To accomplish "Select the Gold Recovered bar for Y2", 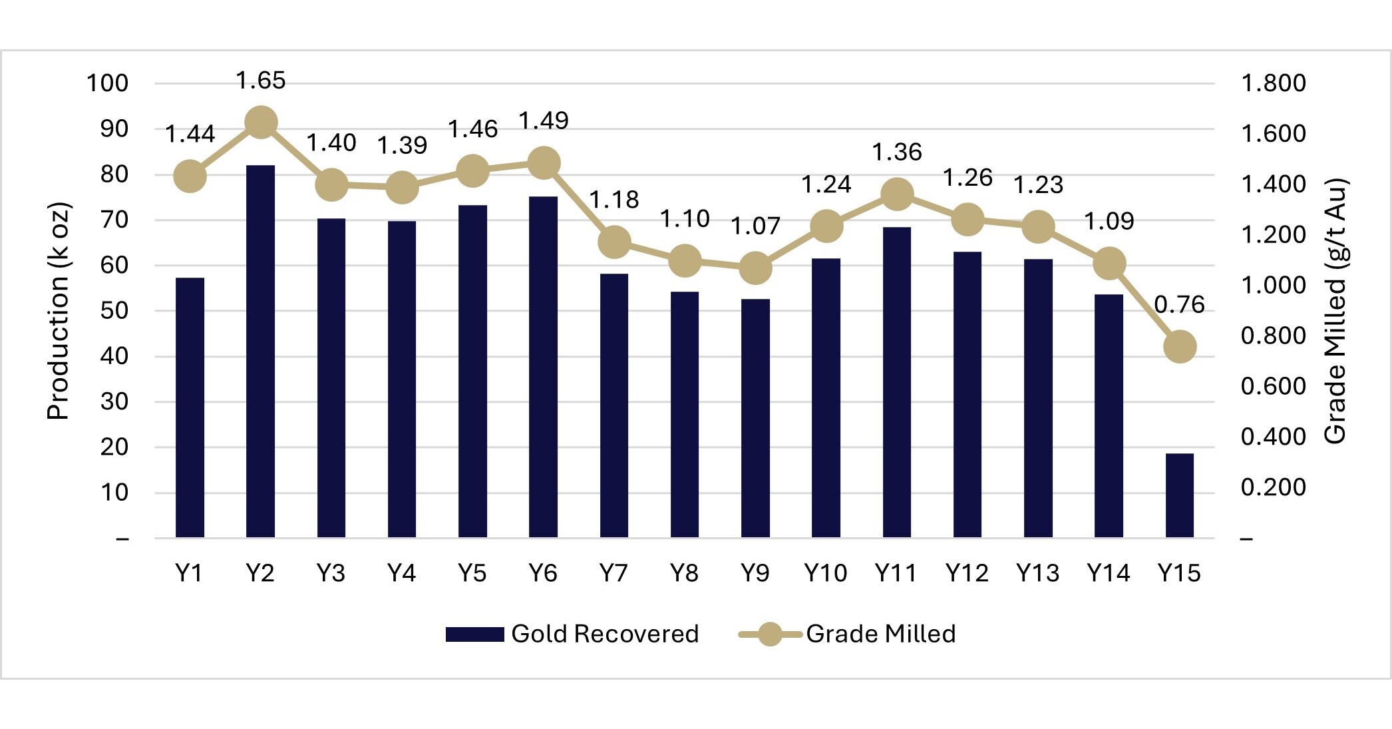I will (x=260, y=351).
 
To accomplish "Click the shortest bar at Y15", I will (x=1179, y=495).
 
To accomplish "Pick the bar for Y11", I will (x=896, y=382).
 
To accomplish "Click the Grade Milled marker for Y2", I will (x=261, y=122).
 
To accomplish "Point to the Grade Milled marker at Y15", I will (x=1180, y=347).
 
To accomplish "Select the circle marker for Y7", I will (x=614, y=242).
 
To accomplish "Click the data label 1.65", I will (x=261, y=81).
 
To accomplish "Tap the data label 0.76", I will (x=1179, y=305).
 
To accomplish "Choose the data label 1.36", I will (x=897, y=152).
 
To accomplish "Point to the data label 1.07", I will (x=755, y=226).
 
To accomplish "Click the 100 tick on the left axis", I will (x=107, y=83).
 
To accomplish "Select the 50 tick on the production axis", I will (x=114, y=311).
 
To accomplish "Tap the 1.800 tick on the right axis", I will (x=1273, y=83).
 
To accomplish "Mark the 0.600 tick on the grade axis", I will (x=1273, y=386).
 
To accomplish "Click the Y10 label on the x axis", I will (x=825, y=573).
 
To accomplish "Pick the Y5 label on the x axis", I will (x=472, y=573).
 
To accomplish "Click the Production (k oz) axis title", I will (x=59, y=310).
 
